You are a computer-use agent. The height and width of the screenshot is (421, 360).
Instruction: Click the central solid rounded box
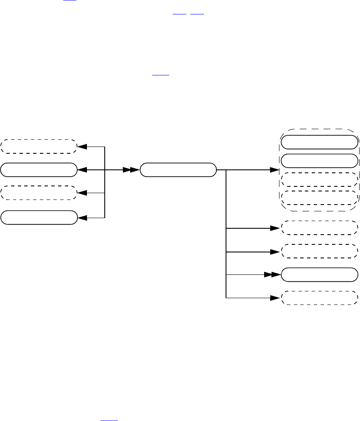(x=178, y=170)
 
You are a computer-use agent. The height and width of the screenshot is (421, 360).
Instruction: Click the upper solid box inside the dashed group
(x=318, y=142)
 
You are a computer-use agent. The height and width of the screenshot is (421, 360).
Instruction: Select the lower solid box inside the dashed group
(x=318, y=161)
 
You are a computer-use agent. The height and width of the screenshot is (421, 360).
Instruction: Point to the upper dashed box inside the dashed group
(x=318, y=180)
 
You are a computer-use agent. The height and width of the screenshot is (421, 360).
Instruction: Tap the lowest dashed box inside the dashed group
(x=318, y=198)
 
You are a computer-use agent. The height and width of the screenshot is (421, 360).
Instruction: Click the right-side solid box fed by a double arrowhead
(x=318, y=274)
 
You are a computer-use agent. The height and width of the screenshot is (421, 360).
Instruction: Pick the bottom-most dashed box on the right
(x=318, y=298)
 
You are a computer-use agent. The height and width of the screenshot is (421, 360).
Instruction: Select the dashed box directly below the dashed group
(x=318, y=228)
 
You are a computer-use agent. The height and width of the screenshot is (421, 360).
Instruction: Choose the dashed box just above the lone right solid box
(x=318, y=251)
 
